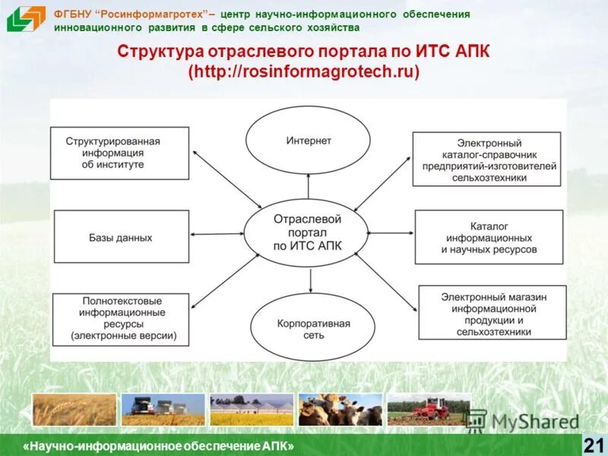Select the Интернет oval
click(309, 141)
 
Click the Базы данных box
click(120, 237)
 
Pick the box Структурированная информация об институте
click(120, 153)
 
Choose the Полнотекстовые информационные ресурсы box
click(120, 318)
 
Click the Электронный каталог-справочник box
click(488, 160)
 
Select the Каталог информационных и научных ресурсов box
click(489, 237)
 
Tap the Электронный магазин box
click(492, 312)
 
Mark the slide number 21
click(593, 445)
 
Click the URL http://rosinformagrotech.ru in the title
click(304, 71)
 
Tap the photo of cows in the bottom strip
click(340, 410)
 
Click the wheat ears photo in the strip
click(74, 410)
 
